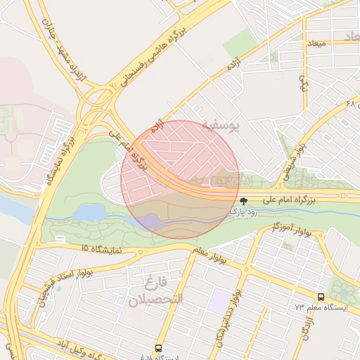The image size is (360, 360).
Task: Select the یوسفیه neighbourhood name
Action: coord(221,124)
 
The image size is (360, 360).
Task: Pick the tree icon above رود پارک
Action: coord(243,200)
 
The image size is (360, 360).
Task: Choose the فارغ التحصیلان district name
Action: coord(155,292)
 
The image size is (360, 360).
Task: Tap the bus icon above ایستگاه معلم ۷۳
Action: coord(321,297)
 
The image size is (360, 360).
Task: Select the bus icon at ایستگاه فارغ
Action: coord(159,347)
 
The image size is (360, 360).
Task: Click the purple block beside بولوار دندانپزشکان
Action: coord(220,301)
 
